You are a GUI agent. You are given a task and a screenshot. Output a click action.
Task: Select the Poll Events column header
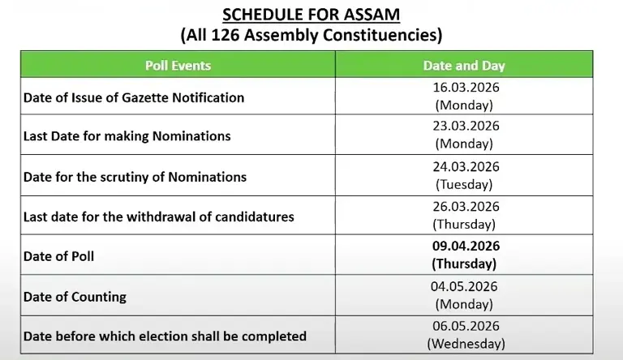point(178,65)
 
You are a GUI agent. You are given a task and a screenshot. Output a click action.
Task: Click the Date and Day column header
point(464,65)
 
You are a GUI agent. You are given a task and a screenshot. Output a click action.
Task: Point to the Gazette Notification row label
point(133,97)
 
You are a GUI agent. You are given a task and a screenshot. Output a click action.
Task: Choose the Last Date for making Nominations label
point(127,136)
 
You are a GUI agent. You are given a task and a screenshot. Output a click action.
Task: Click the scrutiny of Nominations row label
point(135,176)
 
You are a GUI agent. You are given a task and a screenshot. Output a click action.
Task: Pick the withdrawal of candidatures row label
point(158,216)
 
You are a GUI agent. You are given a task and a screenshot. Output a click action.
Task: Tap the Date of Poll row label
point(58,256)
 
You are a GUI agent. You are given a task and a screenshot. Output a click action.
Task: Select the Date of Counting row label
point(75,296)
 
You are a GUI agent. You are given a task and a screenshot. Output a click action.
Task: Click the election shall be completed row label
point(165,336)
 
